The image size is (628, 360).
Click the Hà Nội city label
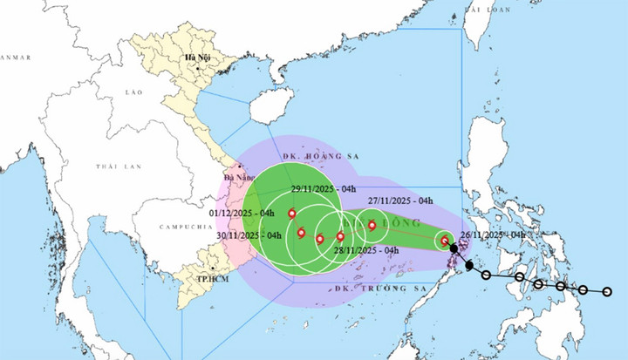[192, 58]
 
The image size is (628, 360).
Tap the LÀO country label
[133, 92]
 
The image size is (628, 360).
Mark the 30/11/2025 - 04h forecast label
[249, 234]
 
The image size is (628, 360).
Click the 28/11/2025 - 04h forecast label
[367, 251]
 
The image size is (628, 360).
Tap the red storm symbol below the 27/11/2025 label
[372, 225]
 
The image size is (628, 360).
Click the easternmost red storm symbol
[445, 241]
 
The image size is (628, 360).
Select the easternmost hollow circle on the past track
[608, 292]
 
